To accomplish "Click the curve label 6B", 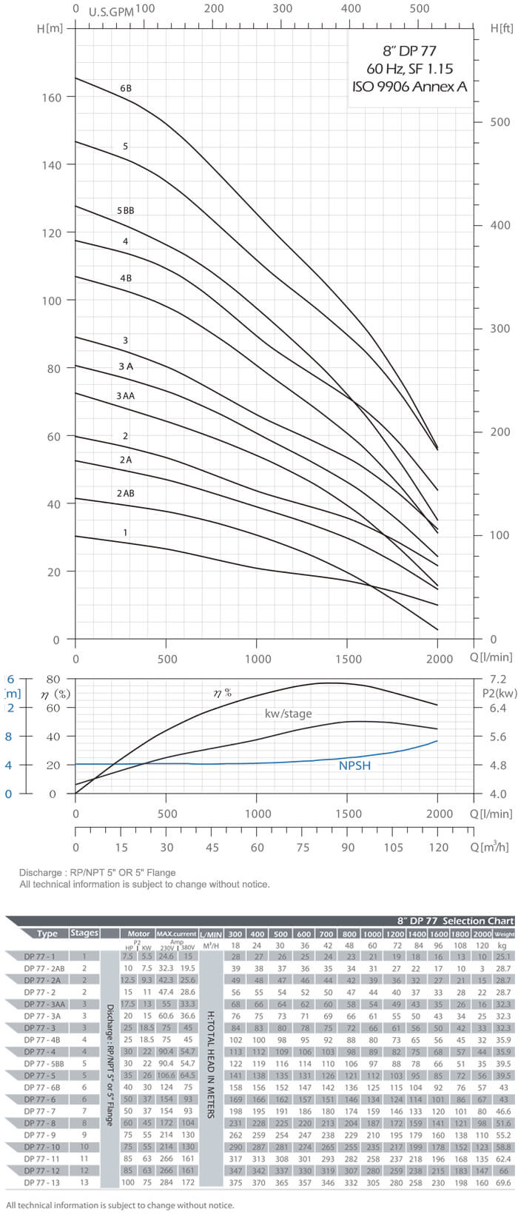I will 126,88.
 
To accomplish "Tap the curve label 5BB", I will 126,210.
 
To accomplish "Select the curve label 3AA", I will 126,396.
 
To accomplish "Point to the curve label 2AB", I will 126,493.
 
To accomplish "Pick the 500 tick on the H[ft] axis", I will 500,122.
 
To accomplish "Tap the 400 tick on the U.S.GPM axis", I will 351,9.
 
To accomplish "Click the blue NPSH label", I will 354,765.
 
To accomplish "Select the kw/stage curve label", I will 289,714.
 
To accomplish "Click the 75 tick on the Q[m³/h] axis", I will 302,848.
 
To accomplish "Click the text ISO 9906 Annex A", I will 409,86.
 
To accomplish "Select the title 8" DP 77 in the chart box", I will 409,51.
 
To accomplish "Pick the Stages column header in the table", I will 84,933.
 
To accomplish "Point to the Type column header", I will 47,933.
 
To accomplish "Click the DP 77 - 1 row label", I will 41,956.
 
